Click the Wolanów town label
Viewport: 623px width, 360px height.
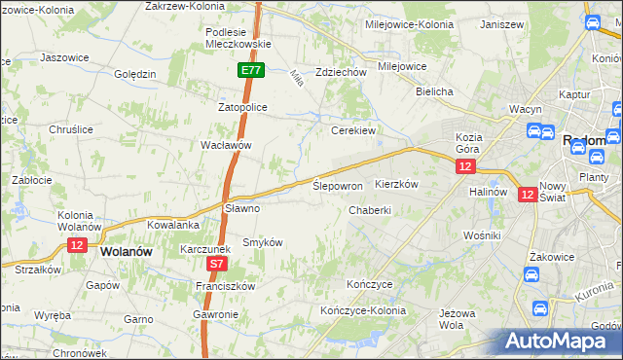(x=126, y=251)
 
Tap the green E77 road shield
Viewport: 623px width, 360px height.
(x=250, y=70)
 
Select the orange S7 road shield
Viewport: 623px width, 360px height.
(x=217, y=264)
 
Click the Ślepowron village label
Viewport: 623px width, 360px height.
(x=338, y=185)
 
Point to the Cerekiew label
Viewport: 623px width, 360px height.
(x=353, y=129)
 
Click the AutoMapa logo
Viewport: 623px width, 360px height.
(x=561, y=342)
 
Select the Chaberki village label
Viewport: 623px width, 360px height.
(x=370, y=209)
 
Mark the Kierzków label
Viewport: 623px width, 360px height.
(x=396, y=184)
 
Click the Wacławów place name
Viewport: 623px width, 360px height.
(x=226, y=145)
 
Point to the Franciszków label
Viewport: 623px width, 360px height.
(x=225, y=286)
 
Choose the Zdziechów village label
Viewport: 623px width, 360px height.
(x=341, y=72)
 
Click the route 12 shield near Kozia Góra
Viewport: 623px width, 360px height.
(x=465, y=167)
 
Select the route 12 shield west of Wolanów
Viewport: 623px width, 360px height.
(x=79, y=244)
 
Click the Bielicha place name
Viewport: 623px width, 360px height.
(x=434, y=91)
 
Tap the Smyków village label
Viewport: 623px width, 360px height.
(x=262, y=242)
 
